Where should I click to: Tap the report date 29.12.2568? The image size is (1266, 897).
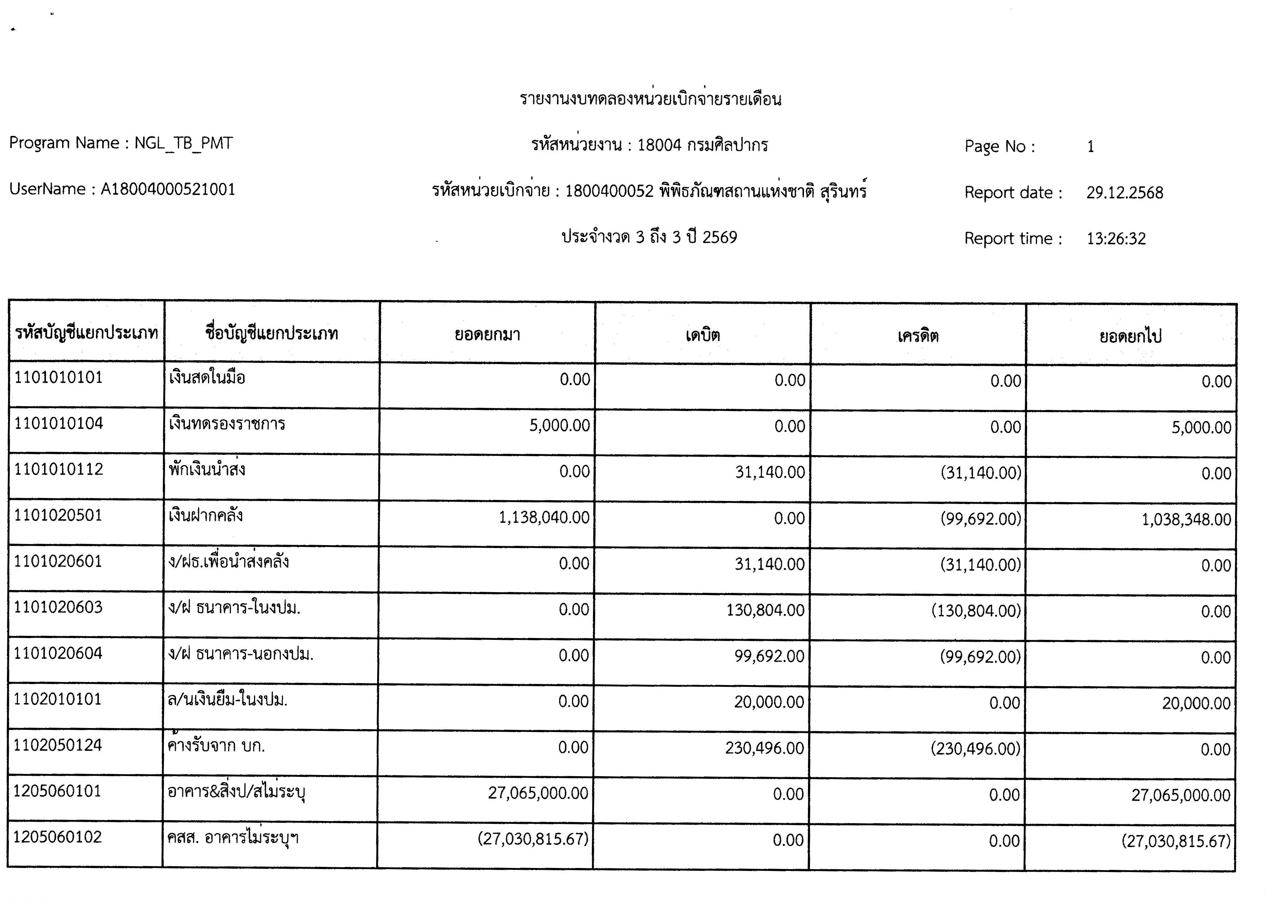point(1124,193)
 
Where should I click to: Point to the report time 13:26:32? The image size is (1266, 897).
point(1116,239)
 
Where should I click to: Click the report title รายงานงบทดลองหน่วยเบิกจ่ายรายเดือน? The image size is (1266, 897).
point(650,100)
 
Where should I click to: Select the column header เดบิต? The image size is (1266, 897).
point(703,335)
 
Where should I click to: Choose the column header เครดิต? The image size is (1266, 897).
point(918,335)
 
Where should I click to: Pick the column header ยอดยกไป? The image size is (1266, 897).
point(1131,336)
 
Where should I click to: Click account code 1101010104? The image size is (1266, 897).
point(58,424)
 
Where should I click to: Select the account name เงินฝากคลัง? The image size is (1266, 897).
point(205,516)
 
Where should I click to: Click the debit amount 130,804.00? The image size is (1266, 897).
point(765,610)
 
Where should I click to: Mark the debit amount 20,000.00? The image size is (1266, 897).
point(769,702)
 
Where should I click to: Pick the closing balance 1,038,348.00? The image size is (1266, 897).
point(1187,519)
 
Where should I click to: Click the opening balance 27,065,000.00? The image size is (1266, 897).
point(538,793)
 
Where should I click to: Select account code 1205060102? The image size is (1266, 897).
point(57,837)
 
